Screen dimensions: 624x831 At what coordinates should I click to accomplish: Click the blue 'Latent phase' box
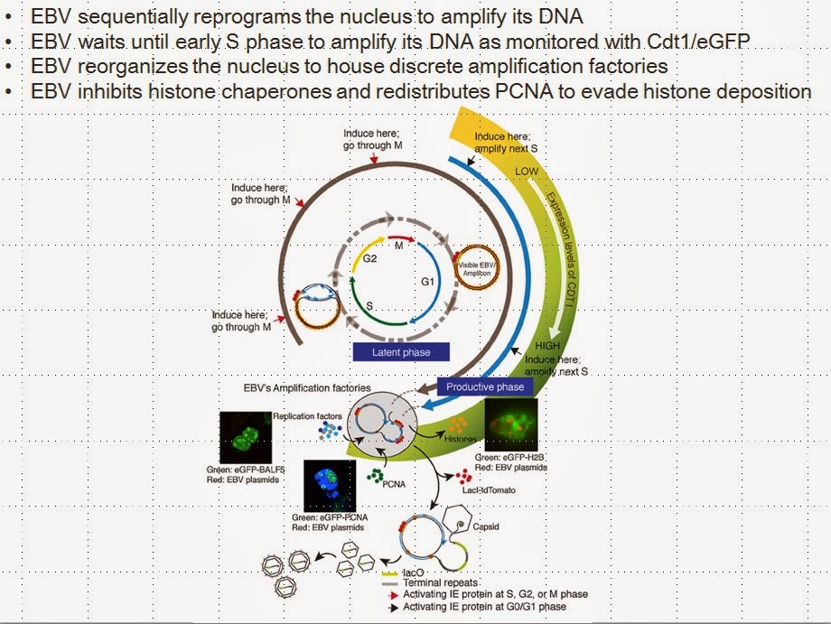[x=401, y=352]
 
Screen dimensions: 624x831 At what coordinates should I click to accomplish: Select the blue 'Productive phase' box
[x=484, y=387]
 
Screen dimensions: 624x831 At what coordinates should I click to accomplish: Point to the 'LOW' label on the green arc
[x=527, y=171]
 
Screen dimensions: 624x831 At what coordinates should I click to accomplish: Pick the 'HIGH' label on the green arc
[x=548, y=347]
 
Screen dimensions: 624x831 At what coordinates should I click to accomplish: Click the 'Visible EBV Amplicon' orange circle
[x=478, y=266]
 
